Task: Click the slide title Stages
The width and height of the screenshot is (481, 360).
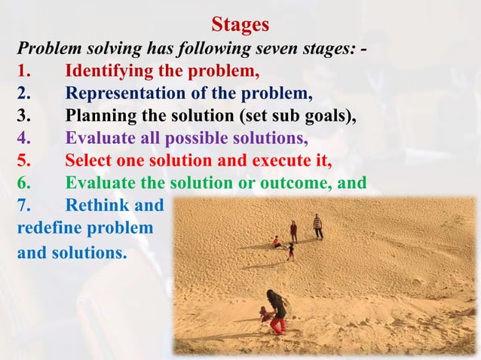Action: click(240, 25)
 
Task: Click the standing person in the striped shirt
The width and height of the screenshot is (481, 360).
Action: click(317, 226)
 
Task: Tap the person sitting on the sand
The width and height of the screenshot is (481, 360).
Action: click(277, 242)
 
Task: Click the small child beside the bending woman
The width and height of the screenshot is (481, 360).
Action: click(264, 315)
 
